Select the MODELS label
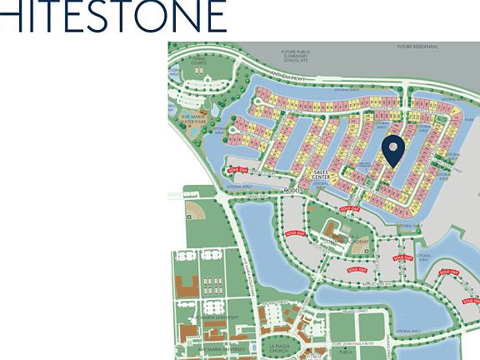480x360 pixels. [293, 191]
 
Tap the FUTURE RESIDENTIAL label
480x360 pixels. [417, 47]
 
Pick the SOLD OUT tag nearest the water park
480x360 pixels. [236, 168]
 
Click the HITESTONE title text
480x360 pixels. [112, 16]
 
